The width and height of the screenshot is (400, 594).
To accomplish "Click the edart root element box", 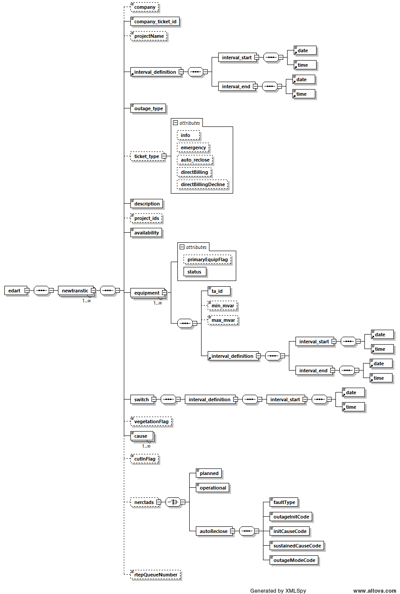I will coord(14,291).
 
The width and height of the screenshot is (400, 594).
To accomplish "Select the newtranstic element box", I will coord(75,291).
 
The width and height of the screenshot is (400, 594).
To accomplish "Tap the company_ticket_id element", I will coord(155,22).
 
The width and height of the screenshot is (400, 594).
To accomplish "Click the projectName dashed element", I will coord(149,36).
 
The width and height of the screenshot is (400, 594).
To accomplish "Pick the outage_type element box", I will coord(148,108).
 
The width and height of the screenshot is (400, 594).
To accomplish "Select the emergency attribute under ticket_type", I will coord(193,148).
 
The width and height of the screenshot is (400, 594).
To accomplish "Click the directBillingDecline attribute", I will coord(202,184).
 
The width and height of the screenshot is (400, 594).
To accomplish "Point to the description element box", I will coord(147,204).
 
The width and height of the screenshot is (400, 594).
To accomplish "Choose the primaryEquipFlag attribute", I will coord(207,259).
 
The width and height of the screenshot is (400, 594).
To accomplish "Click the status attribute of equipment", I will coord(194,272).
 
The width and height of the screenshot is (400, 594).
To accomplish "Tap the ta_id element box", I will coord(218,291).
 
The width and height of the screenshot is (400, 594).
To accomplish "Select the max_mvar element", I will coord(223,320).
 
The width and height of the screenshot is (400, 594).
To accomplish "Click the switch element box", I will coord(141,400).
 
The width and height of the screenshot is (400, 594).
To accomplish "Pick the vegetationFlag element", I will coord(151,421).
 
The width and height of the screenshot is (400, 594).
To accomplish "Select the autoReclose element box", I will coord(213,531).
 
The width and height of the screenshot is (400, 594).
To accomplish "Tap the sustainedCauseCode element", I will coord(297,546).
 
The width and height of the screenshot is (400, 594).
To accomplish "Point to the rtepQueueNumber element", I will coord(155,575).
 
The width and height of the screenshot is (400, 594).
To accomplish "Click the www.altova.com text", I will coord(375,591).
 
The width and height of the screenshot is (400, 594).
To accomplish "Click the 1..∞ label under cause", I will coord(146,446).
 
